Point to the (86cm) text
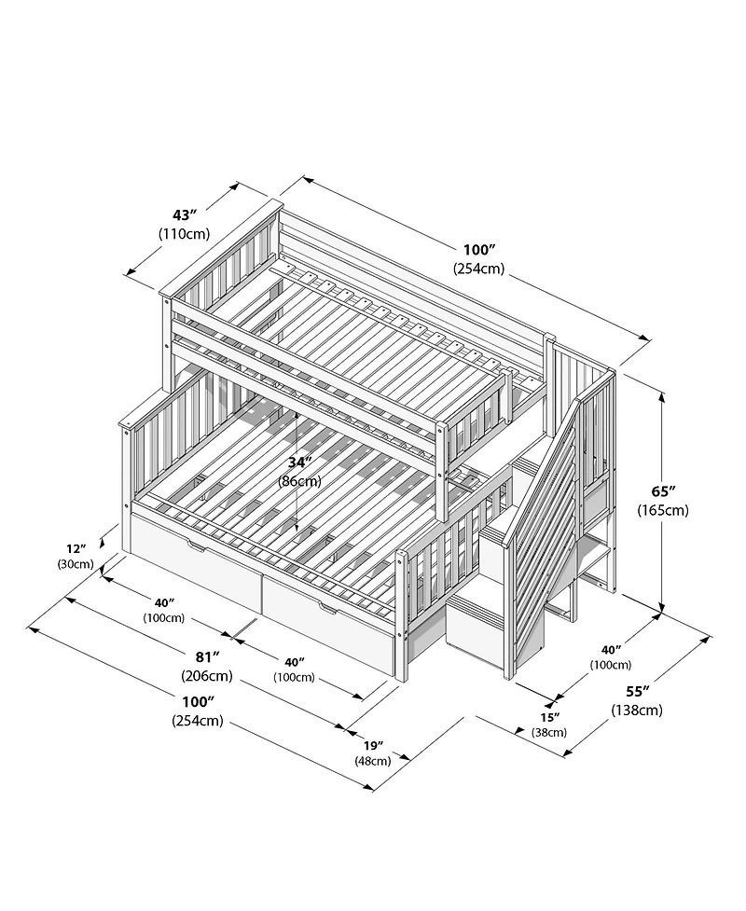click(299, 481)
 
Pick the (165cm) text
click(662, 510)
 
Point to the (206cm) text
click(207, 676)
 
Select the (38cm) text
click(549, 732)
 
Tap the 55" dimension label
click(637, 692)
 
